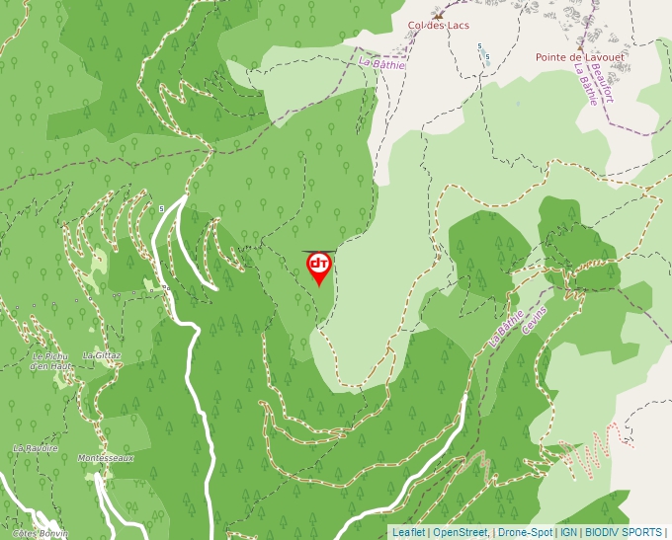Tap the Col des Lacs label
pos(439,25)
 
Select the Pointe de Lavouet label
pos(580,57)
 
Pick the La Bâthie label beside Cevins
pos(505,328)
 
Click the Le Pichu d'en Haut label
pos(51,361)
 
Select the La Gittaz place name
pos(102,355)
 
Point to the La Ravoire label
pos(36,448)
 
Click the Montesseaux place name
pos(106,458)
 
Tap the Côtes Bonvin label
pos(40,533)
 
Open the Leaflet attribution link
pos(408,532)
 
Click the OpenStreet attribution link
pos(461,532)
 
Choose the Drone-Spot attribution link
pos(525,532)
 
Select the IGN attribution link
pos(568,532)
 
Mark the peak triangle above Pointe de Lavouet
pos(580,46)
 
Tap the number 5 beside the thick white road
pos(160,208)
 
